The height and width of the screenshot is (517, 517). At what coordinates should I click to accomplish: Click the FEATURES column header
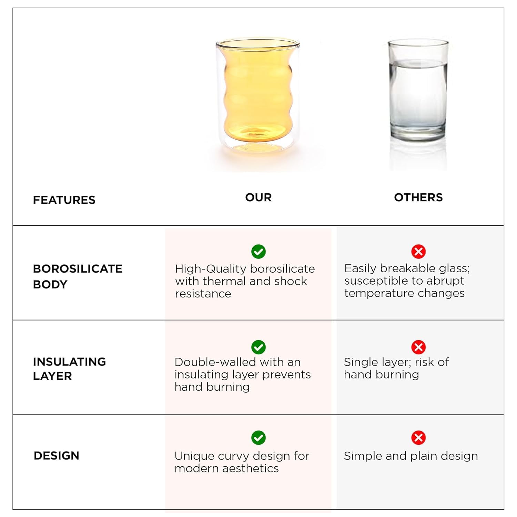tap(64, 200)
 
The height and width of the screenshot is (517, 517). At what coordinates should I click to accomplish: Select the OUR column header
tap(258, 197)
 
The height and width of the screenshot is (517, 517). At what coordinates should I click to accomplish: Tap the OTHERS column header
tap(418, 197)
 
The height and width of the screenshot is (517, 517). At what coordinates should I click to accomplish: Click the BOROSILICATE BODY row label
tap(78, 276)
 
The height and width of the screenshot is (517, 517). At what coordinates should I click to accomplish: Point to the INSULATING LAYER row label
tap(69, 369)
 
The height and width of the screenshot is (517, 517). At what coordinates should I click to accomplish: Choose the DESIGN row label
tap(57, 456)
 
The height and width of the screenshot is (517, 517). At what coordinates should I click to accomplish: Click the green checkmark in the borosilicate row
tap(258, 252)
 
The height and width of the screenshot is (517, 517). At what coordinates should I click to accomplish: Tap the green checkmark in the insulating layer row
tap(258, 347)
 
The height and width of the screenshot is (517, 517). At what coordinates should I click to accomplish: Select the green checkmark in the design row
tap(258, 438)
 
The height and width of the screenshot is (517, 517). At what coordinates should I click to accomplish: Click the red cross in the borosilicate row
tap(418, 252)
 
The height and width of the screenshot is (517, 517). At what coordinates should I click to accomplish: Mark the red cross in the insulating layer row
tap(418, 347)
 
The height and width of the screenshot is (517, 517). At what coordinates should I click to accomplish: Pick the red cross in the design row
tap(418, 438)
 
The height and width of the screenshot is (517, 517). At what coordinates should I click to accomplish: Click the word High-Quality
tap(211, 269)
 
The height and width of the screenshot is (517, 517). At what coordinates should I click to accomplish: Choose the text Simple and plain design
tap(411, 456)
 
